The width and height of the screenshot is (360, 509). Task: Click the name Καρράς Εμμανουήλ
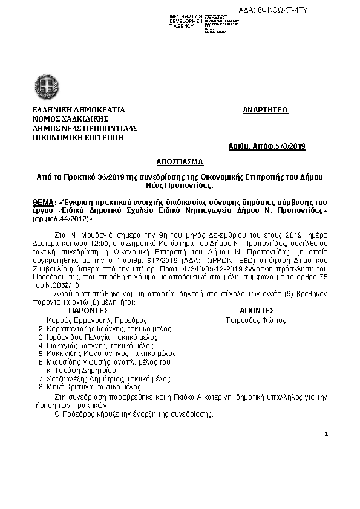[x=77, y=320]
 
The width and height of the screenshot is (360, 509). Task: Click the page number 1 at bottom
[x=326, y=434]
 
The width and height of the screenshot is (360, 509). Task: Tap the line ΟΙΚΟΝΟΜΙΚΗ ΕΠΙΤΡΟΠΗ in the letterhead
[x=78, y=137]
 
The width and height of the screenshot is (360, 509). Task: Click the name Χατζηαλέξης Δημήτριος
[x=83, y=378]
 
